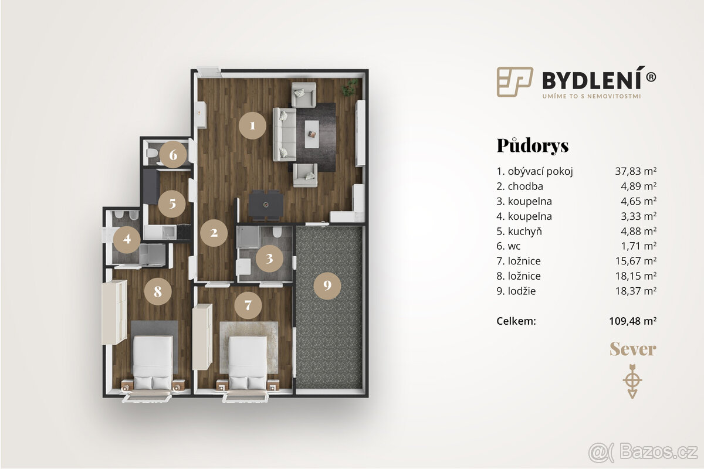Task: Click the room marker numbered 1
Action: [x=252, y=125]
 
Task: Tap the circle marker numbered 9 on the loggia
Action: [x=327, y=286]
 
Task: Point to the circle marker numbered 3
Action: [x=269, y=259]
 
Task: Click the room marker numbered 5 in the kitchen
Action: [x=172, y=204]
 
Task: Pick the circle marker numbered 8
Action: [x=157, y=290]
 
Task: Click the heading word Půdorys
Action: [x=533, y=145]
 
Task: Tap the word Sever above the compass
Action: [x=632, y=349]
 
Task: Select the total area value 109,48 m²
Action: [x=633, y=321]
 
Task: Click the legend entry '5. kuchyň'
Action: [x=519, y=231]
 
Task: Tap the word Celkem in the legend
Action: [x=516, y=321]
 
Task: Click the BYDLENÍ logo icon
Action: [x=515, y=81]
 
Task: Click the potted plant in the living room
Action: [x=350, y=87]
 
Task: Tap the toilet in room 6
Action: [x=153, y=154]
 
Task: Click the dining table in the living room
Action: [x=266, y=205]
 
